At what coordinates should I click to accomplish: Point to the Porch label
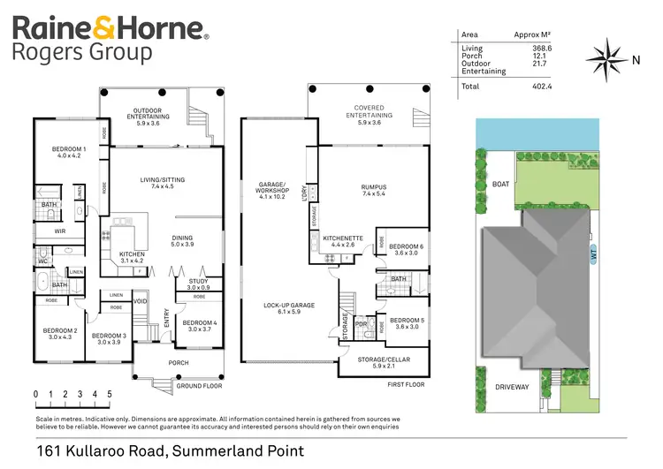(179, 361)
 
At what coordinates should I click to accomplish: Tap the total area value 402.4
(541, 86)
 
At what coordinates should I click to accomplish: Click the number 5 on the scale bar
(110, 394)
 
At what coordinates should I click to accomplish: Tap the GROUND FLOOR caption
(198, 386)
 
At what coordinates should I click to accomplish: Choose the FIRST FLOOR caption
(407, 385)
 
